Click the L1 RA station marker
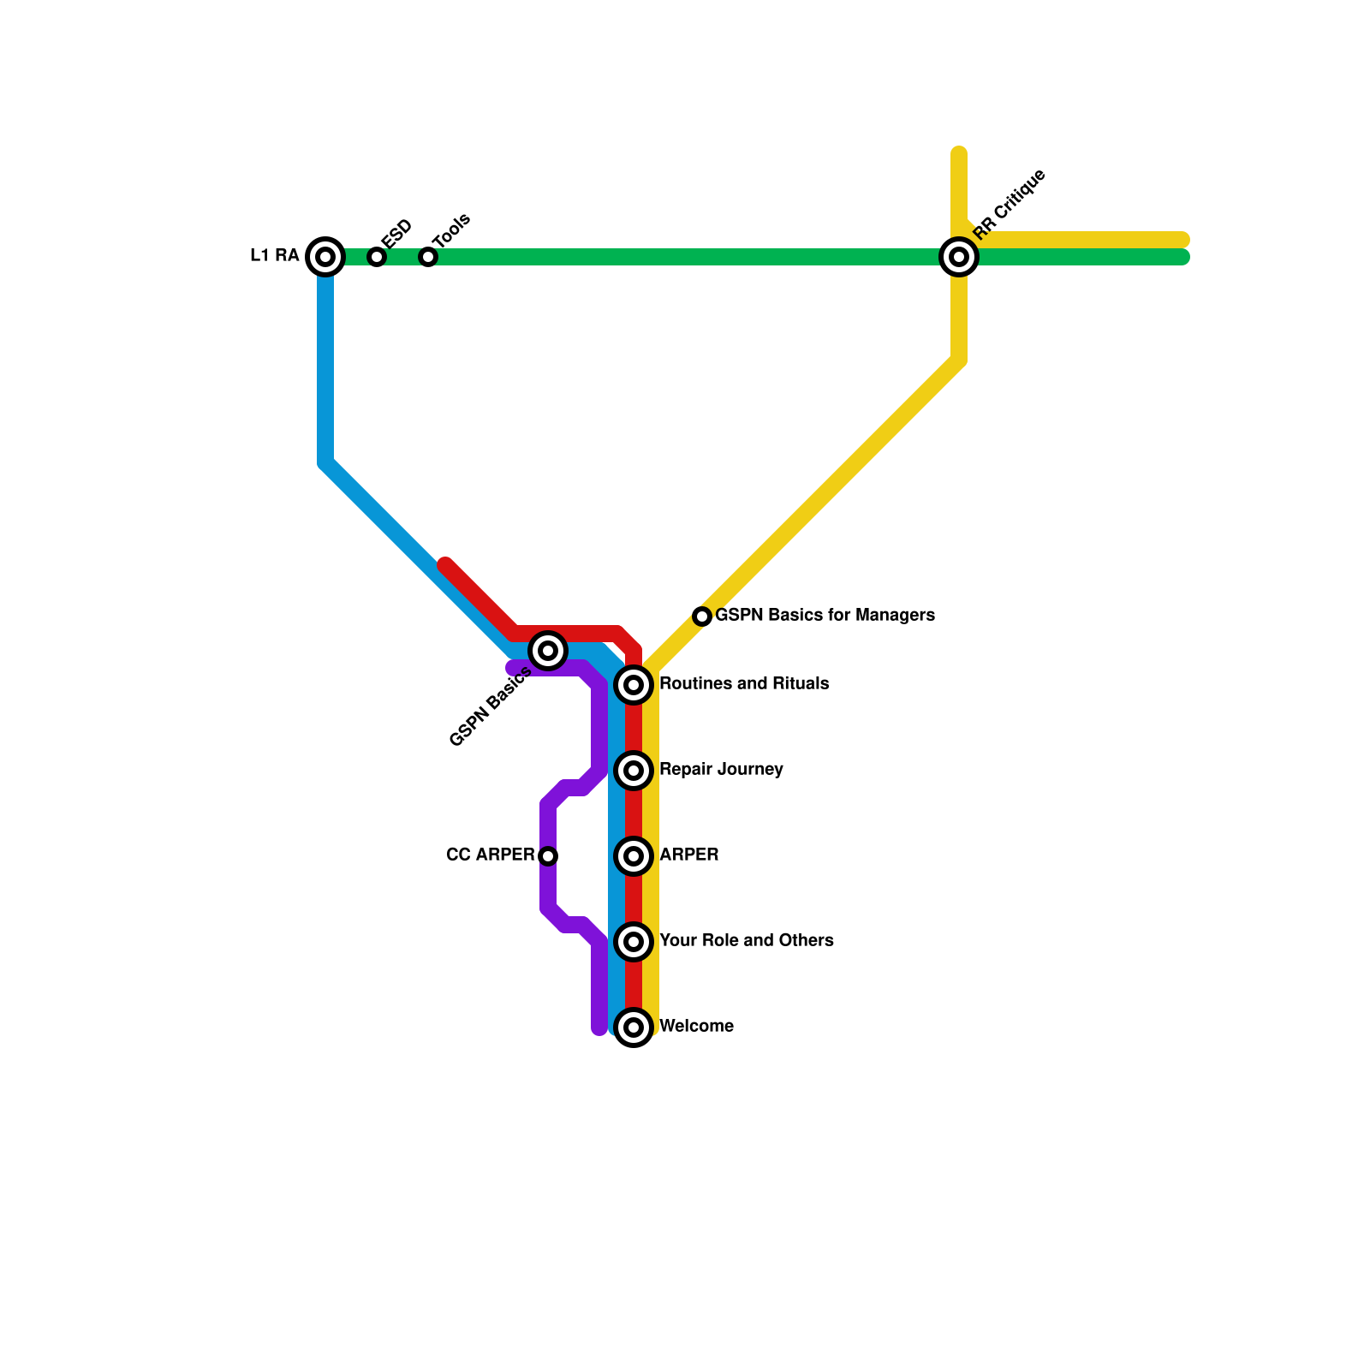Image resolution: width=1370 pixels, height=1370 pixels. point(325,256)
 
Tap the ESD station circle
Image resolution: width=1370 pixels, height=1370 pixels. point(377,256)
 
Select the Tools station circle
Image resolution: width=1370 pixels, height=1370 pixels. point(428,256)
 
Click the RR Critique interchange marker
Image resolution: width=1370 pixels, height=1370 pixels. point(959,256)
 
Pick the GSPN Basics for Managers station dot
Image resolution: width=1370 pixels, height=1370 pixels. point(702,616)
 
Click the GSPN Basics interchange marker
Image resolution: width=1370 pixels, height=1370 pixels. point(548,651)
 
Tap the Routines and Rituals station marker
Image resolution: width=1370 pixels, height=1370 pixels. point(634,685)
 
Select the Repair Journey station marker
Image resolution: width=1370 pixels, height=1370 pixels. point(634,771)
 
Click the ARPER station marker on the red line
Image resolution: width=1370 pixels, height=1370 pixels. point(634,856)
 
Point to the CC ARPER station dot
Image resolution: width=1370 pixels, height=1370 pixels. point(549,856)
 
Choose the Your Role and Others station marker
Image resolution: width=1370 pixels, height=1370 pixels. point(634,942)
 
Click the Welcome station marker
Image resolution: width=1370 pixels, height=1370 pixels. point(634,1027)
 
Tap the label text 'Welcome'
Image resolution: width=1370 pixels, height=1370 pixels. point(696,1026)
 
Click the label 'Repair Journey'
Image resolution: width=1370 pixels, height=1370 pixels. point(721,769)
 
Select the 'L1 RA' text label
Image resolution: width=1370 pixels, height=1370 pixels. point(274,255)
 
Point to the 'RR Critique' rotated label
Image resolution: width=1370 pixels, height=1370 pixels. point(1010,204)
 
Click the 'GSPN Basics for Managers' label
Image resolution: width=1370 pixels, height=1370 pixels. point(825,615)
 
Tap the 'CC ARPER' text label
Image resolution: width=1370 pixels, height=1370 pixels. point(490,855)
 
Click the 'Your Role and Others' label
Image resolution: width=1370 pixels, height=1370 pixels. point(747,940)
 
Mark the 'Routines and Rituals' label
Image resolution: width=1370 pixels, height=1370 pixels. point(744,683)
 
